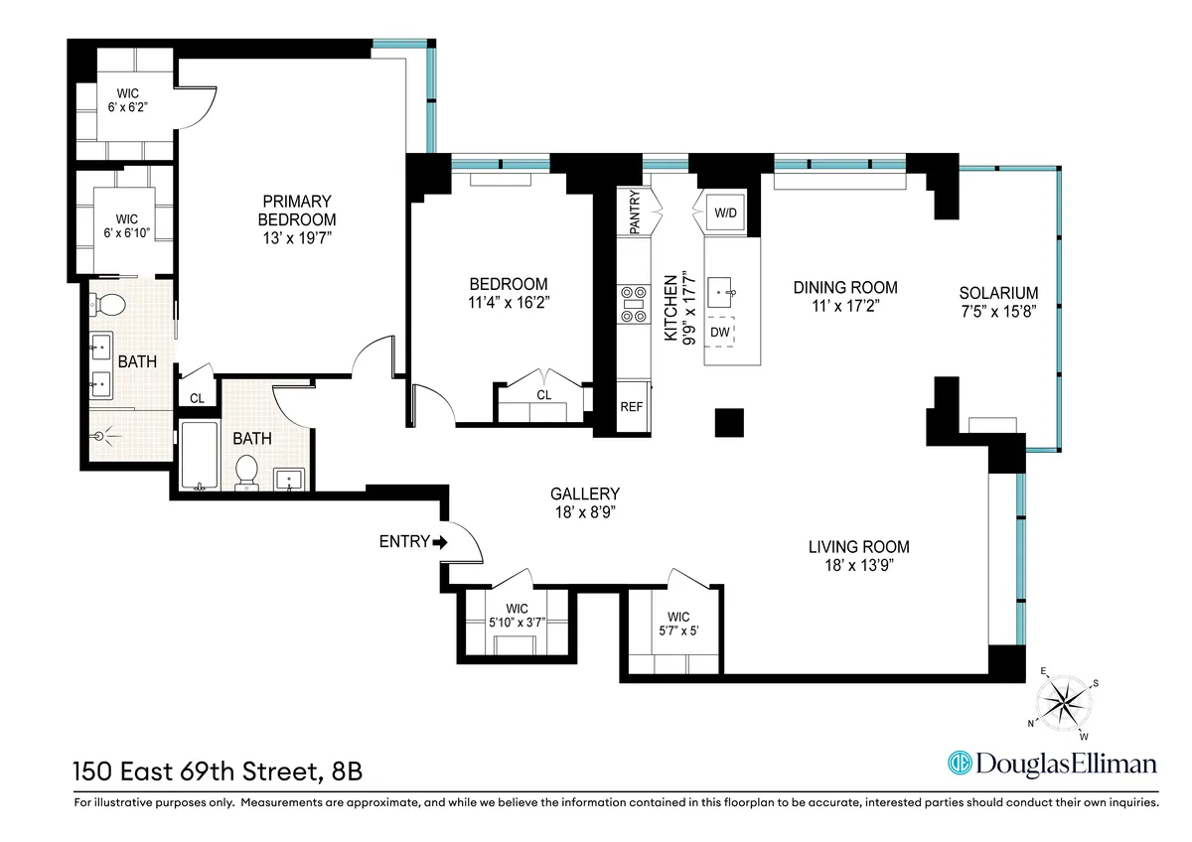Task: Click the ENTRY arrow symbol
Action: point(440,542)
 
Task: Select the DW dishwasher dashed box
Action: point(720,331)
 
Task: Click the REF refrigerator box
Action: point(632,407)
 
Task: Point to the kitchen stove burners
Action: point(632,304)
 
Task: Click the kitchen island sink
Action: point(721,293)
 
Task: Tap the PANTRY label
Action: point(635,212)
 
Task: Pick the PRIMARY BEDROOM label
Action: point(297,210)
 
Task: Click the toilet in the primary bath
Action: point(111,305)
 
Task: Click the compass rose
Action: point(1063,703)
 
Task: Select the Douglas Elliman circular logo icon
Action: point(960,764)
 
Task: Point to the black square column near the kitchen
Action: point(730,423)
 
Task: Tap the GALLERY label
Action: point(585,493)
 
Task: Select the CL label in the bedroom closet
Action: point(543,395)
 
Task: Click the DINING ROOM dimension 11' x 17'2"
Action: point(844,306)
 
